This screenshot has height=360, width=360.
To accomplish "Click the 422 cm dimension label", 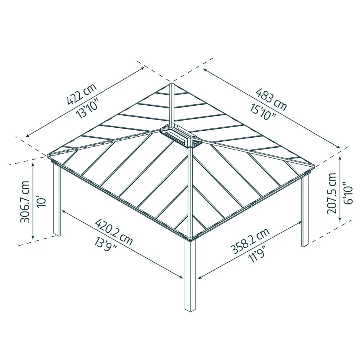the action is coord(82,94).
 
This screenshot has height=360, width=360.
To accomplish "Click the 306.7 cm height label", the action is coord(25,202).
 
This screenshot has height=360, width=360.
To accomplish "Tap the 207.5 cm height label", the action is coord(331,193).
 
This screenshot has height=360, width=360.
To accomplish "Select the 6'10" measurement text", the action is coord(347,193).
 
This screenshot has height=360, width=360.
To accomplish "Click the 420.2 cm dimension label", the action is coord(114,232).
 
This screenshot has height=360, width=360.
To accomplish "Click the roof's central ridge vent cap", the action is coord(180,136).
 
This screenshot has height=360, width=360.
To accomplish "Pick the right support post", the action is coord(305,210).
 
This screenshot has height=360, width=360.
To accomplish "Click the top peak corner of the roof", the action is coord(172,84).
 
